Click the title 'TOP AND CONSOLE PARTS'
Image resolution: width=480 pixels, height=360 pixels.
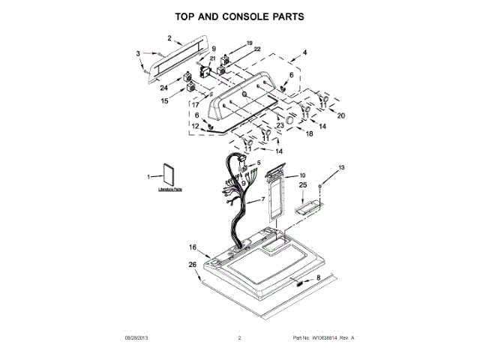pos(240,16)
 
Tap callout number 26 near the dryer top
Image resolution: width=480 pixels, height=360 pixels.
pos(192,264)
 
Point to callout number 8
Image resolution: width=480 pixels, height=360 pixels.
pos(317,277)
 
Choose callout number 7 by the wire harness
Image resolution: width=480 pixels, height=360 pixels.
pos(263,201)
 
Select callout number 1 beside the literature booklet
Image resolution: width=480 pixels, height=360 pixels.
pos(148,176)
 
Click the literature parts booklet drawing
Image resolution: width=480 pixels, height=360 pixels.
pos(171,176)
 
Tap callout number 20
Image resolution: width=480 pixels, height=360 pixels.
pos(341,115)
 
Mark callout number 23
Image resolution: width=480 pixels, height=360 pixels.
pos(279,125)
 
